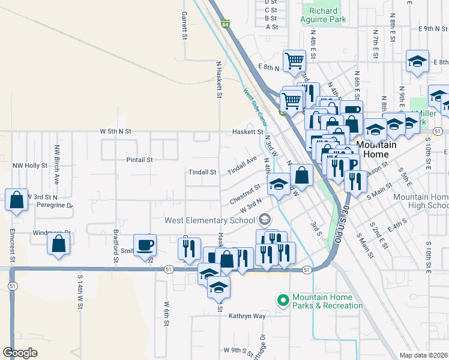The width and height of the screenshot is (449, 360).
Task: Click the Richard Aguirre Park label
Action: click(x=327, y=15)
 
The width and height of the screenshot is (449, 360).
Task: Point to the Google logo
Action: click(x=20, y=353)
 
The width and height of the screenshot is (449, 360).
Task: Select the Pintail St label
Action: click(x=139, y=160)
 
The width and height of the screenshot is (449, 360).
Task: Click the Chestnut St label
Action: click(x=244, y=196)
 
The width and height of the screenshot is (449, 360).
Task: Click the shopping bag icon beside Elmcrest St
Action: click(x=17, y=199)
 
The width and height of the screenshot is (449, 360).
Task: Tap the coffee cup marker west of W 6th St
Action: click(x=145, y=245)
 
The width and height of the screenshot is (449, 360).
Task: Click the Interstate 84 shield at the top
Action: click(x=224, y=25)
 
